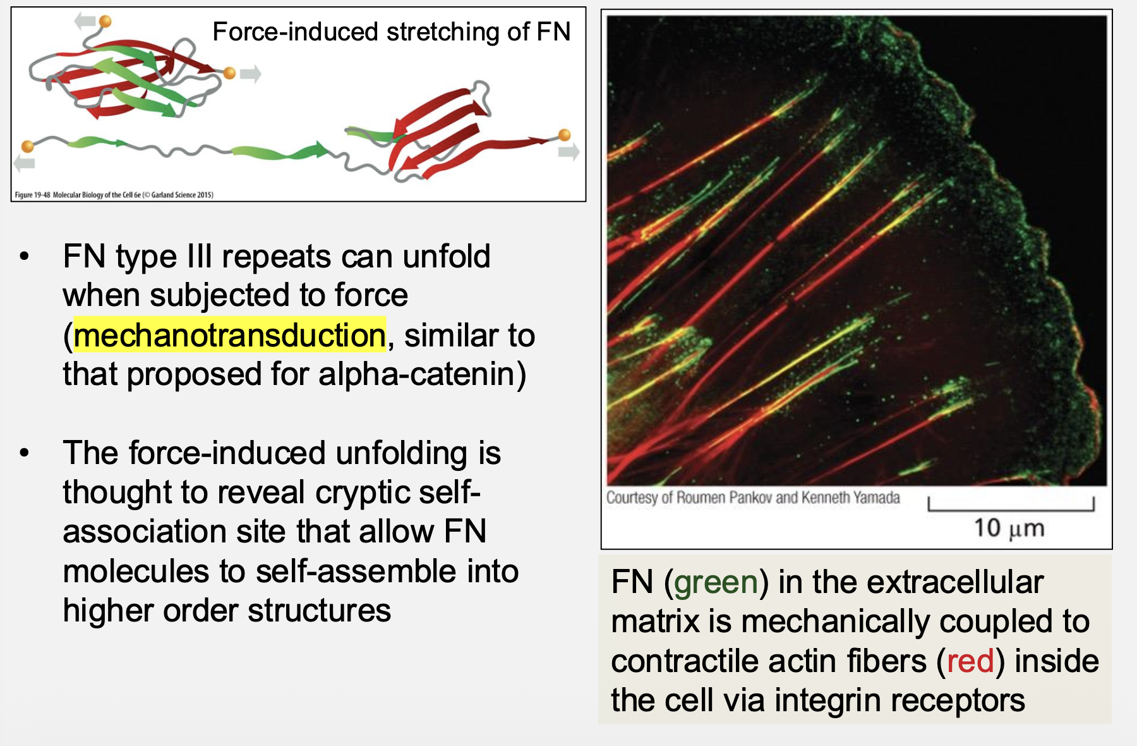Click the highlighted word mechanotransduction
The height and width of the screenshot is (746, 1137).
click(229, 335)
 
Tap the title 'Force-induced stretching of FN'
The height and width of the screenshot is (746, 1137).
click(392, 32)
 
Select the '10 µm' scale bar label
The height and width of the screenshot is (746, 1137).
click(1009, 529)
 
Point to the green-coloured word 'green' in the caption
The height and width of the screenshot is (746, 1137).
click(716, 582)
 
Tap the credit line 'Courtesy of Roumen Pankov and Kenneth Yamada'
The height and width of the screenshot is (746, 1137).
click(753, 498)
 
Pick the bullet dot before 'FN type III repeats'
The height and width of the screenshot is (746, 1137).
click(25, 257)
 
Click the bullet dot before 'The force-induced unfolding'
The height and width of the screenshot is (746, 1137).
click(25, 453)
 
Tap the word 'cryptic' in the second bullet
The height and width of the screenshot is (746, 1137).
click(372, 492)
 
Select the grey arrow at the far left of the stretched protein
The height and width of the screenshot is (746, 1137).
click(25, 164)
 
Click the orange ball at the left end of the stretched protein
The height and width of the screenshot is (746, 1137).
click(28, 147)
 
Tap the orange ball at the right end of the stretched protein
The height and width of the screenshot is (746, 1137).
click(565, 135)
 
